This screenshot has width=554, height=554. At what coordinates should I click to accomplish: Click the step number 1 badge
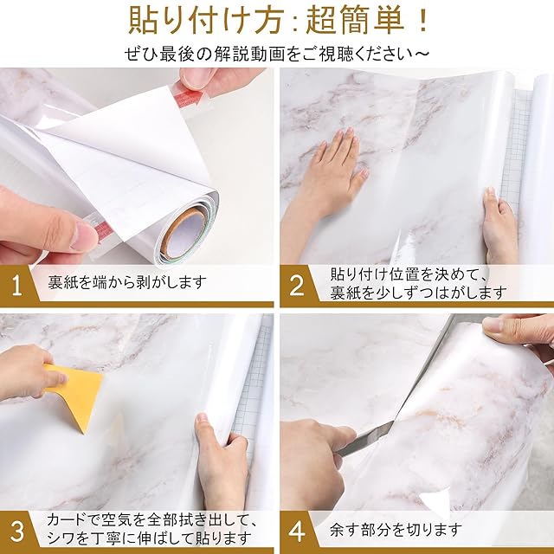click(16, 286)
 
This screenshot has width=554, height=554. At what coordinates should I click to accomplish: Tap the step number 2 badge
click(296, 286)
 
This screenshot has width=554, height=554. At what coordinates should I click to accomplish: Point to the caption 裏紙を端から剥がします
click(127, 283)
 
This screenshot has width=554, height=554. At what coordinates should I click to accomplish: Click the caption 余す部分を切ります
click(396, 530)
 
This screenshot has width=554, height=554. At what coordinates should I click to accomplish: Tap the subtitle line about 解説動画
click(277, 54)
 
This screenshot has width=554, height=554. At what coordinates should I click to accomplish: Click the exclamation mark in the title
click(422, 21)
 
